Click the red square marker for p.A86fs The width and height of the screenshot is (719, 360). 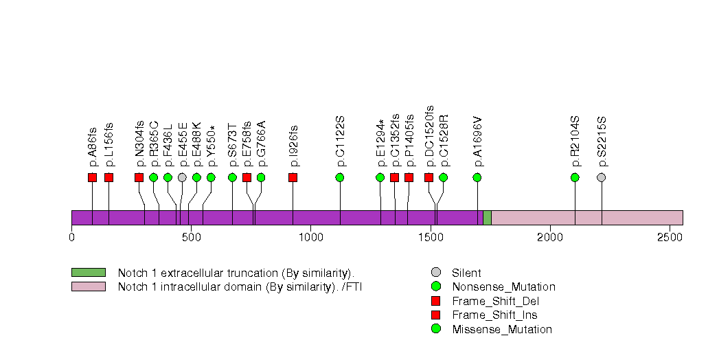click(93, 177)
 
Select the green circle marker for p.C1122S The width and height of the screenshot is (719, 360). click(340, 177)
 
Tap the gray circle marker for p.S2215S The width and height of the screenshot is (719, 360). click(602, 177)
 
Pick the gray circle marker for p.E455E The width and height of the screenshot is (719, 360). click(182, 177)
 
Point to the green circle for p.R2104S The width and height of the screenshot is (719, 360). click(575, 177)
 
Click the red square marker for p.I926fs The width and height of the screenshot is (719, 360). click(293, 177)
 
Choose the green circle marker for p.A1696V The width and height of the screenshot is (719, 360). click(477, 177)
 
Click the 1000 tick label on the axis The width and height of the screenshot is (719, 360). click(310, 238)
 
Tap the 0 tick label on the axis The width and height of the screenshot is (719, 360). click(71, 238)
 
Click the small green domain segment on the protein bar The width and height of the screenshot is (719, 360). click(487, 217)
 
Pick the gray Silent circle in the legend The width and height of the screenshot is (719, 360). click(435, 273)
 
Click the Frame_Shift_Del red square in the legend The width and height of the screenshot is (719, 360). click(435, 301)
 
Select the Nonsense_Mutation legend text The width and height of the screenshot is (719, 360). click(503, 287)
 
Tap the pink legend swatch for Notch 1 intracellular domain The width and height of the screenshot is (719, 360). click(88, 286)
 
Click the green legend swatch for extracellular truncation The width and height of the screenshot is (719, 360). click(88, 273)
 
